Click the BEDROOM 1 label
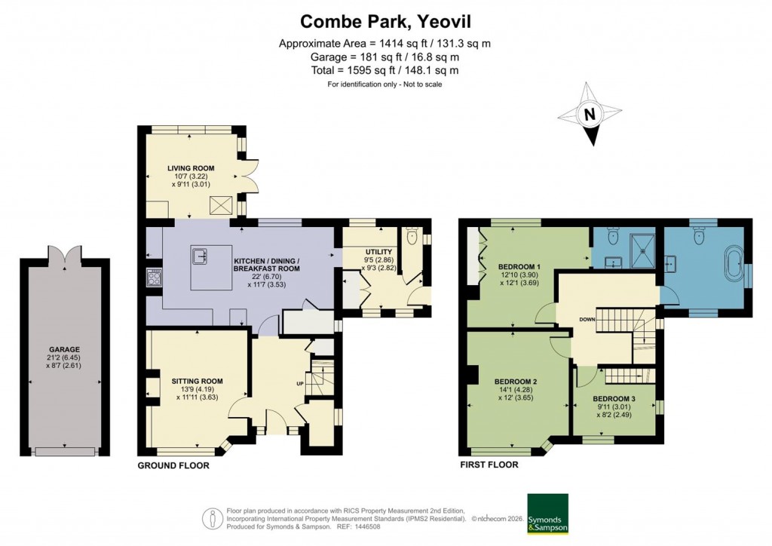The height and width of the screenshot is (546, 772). (x=519, y=266)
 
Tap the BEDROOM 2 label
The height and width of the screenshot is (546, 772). (x=516, y=382)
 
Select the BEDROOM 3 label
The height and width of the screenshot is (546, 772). (x=613, y=398)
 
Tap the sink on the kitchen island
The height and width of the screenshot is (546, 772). (x=202, y=256)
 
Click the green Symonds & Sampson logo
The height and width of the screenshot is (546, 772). (x=547, y=514)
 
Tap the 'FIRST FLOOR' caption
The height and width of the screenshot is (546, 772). (x=489, y=465)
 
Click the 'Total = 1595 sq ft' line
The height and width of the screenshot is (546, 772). (x=385, y=70)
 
